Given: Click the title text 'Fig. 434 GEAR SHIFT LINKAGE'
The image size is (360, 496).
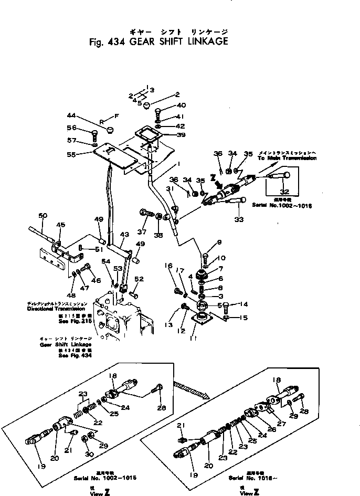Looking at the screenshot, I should click(x=155, y=42).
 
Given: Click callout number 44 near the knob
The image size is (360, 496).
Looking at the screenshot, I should click(x=71, y=115).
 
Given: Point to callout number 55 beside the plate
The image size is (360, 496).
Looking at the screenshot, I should click(x=71, y=155).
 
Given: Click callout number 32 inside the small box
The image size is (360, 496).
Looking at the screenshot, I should click(x=284, y=192).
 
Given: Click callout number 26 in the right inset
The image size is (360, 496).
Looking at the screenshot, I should click(x=272, y=428).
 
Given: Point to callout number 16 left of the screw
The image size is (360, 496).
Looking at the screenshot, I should click(x=169, y=267).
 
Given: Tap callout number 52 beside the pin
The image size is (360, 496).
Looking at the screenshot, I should click(x=139, y=279).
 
